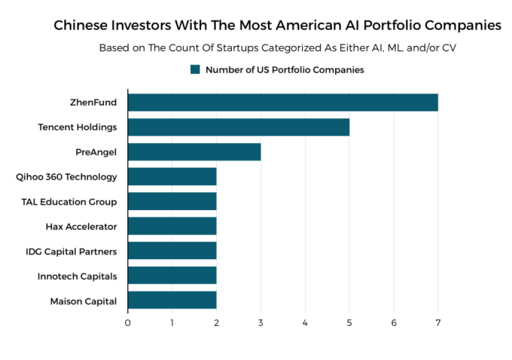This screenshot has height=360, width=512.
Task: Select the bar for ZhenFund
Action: [282, 102]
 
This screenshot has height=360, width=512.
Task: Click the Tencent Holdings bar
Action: [238, 127]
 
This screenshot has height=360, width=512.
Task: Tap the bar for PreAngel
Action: [194, 151]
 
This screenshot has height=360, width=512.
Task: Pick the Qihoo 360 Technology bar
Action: [172, 176]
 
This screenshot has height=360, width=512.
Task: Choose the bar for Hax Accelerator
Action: [172, 226]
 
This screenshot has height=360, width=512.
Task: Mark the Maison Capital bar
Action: [172, 301]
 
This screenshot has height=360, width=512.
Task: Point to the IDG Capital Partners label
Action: [71, 251]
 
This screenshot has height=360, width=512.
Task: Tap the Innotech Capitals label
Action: [78, 276]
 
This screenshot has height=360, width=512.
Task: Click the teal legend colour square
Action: [195, 69]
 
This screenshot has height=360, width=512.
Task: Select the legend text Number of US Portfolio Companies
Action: [285, 69]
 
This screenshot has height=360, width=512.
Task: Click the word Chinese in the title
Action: [81, 26]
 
